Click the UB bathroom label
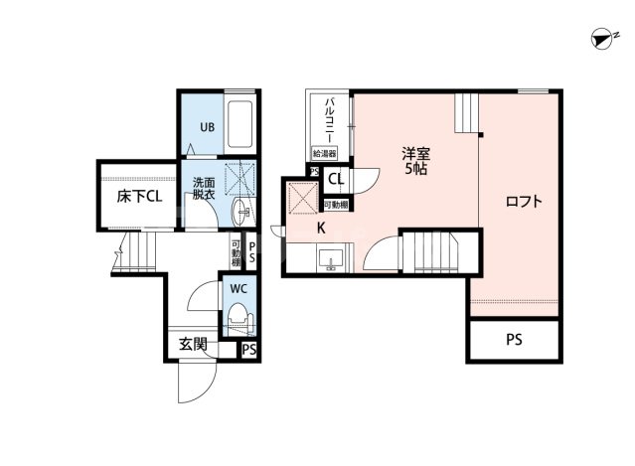click(207, 127)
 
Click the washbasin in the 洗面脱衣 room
click(243, 212)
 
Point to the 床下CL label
click(138, 197)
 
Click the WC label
click(238, 288)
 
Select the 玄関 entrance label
click(193, 346)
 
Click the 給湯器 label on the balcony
click(324, 154)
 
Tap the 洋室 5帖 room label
click(414, 161)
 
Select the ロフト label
click(523, 202)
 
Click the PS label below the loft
click(514, 340)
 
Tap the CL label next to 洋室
click(336, 180)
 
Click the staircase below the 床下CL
click(128, 255)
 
